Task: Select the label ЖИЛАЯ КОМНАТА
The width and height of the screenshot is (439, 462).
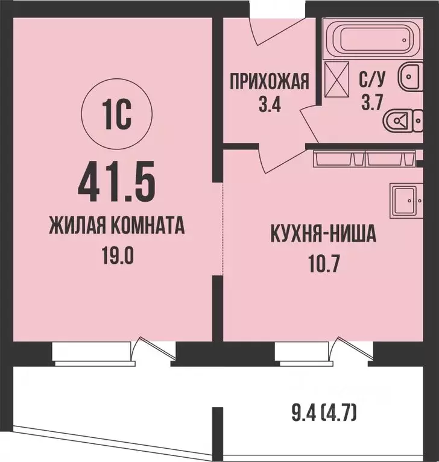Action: [116, 228]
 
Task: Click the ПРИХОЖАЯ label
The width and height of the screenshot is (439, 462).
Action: [269, 80]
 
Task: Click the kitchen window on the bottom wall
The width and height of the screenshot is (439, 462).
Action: [301, 353]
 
